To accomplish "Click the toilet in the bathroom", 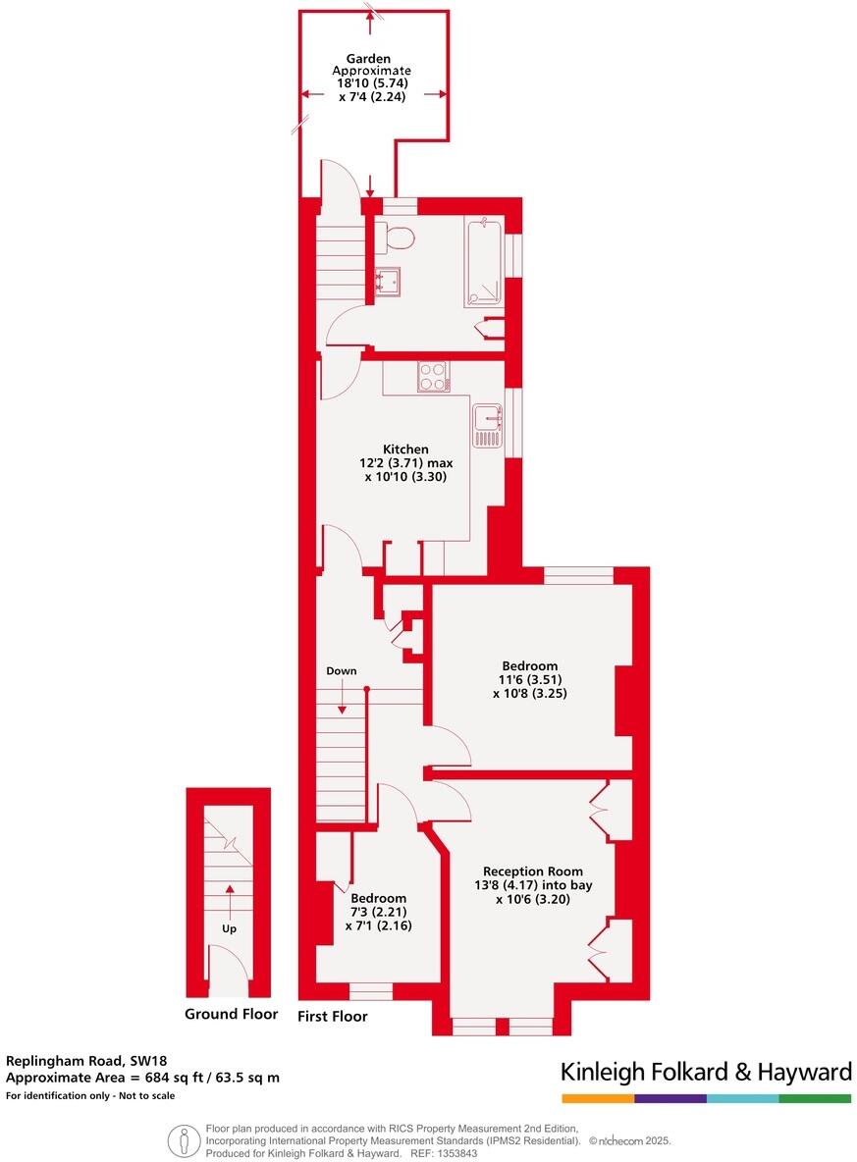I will pyautogui.click(x=399, y=236).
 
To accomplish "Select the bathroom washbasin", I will pyautogui.click(x=387, y=282).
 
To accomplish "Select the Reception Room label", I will pyautogui.click(x=532, y=871).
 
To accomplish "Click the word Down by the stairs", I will pyautogui.click(x=342, y=671).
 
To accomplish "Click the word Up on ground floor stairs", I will pyautogui.click(x=229, y=927).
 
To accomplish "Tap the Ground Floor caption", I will pyautogui.click(x=231, y=1014).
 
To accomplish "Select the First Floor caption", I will pyautogui.click(x=333, y=1017).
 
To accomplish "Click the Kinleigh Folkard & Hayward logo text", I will pyautogui.click(x=706, y=1071).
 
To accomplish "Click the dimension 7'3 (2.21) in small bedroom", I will pyautogui.click(x=378, y=913).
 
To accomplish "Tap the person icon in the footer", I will pyautogui.click(x=181, y=1140).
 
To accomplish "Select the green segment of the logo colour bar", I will pyautogui.click(x=815, y=1098).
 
